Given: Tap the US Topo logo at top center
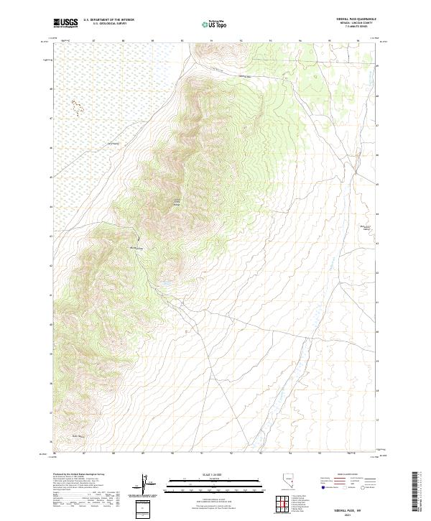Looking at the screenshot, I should click(215, 24).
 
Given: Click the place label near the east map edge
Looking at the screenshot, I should click(367, 228).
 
